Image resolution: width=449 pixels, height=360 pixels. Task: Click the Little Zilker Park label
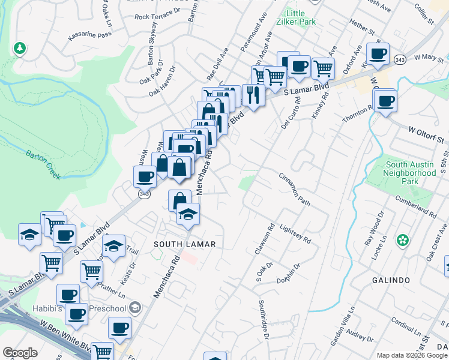(296, 17)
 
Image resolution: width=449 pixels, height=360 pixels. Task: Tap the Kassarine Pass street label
(90, 36)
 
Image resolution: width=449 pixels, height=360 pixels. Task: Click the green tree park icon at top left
(20, 47)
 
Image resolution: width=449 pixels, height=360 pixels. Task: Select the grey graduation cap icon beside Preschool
(136, 308)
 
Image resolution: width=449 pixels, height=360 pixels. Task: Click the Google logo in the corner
(20, 353)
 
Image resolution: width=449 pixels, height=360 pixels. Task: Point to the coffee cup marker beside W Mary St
(378, 54)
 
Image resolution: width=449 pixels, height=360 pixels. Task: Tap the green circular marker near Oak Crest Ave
(402, 241)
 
